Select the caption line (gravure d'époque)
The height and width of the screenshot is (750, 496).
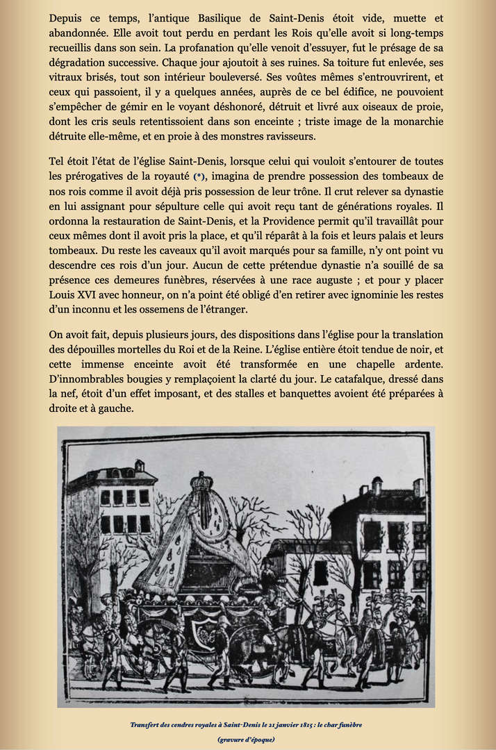click(247, 739)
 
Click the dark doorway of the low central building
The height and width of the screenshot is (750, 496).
click(321, 573)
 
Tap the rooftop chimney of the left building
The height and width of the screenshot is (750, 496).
click(139, 466)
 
